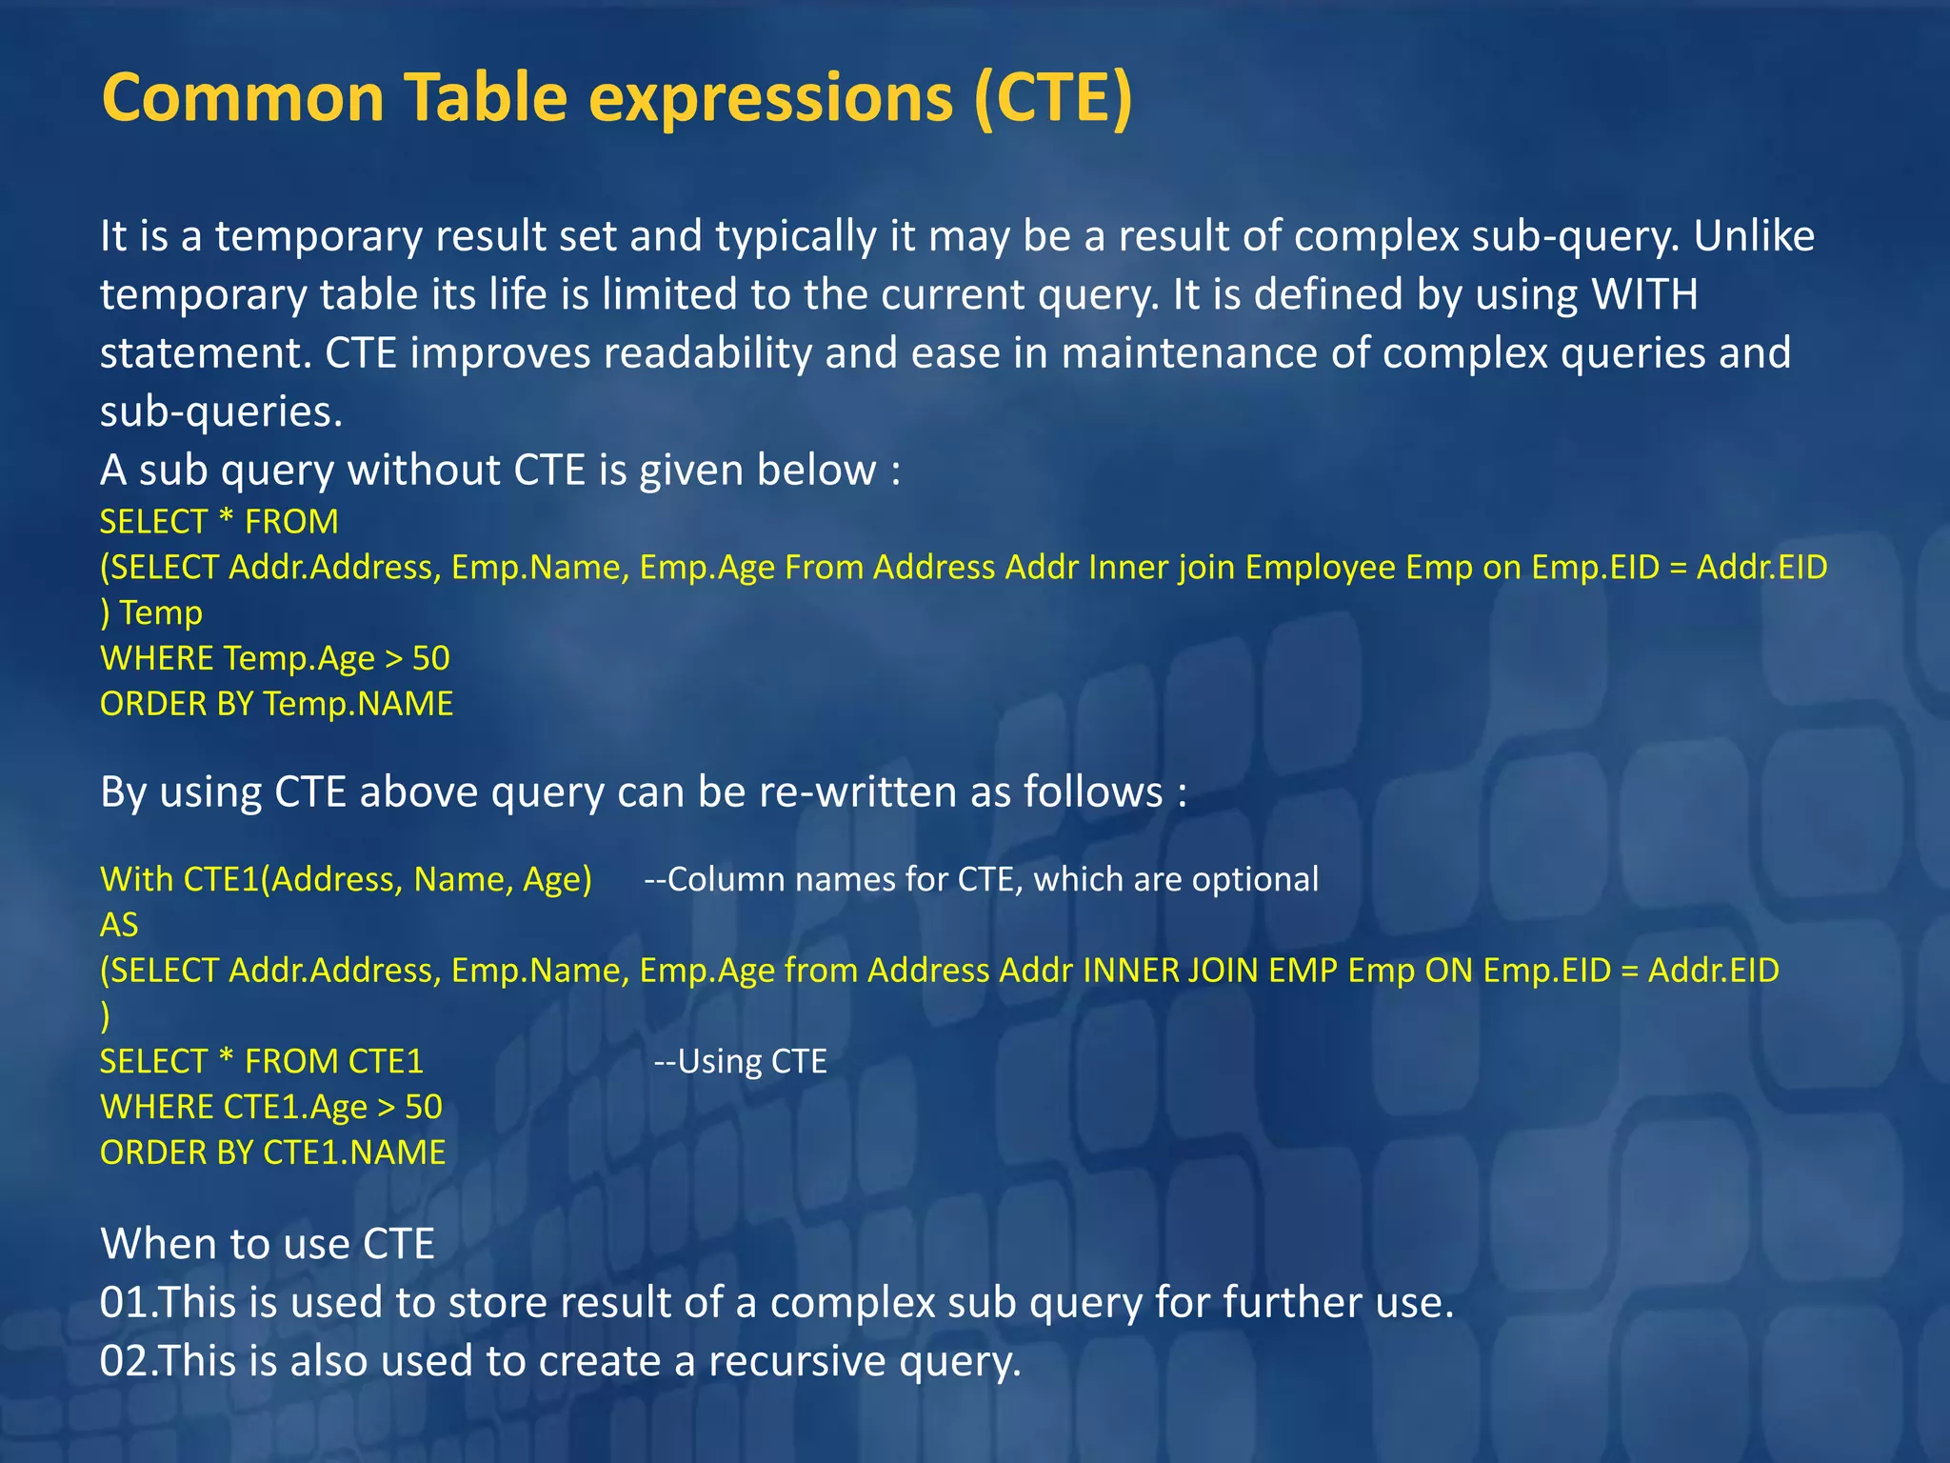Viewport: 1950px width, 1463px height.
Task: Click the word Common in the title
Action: pyautogui.click(x=243, y=98)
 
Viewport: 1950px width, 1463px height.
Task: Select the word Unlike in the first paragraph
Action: pyautogui.click(x=1754, y=236)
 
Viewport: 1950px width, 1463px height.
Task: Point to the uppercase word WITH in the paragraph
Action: pyautogui.click(x=1645, y=294)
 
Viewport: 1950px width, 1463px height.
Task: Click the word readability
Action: pyautogui.click(x=707, y=353)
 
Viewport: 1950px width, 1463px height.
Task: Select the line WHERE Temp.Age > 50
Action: pyautogui.click(x=275, y=658)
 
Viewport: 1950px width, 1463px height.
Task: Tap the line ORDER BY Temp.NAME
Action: pyautogui.click(x=276, y=704)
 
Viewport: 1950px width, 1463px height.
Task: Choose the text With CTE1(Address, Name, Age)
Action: pyautogui.click(x=346, y=879)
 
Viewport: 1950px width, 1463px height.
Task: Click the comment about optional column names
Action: pyautogui.click(x=982, y=879)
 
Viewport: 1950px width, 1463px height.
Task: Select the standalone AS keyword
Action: pyautogui.click(x=119, y=925)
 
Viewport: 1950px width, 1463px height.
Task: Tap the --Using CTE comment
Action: pyautogui.click(x=741, y=1062)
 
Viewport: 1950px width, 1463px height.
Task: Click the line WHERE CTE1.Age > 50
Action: pyautogui.click(x=271, y=1108)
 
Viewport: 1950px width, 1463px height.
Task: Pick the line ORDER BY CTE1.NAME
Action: pyautogui.click(x=272, y=1153)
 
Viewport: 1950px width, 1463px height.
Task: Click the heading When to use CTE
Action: pyautogui.click(x=268, y=1244)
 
